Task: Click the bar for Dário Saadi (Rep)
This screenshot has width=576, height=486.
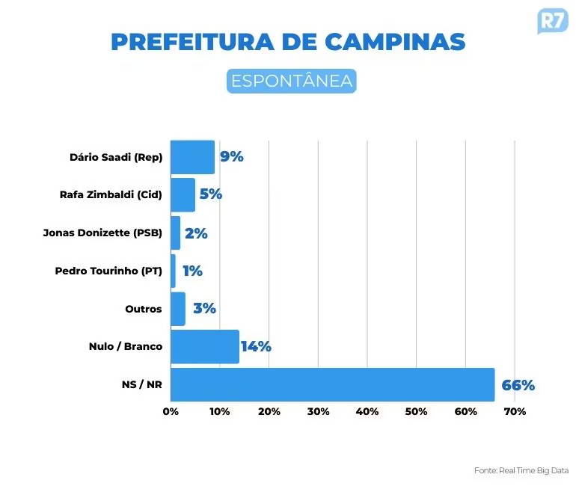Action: tap(192, 157)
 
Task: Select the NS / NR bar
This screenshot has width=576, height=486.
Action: tap(332, 385)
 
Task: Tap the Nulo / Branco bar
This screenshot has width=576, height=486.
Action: tap(204, 347)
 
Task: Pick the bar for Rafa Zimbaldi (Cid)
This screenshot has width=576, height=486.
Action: tap(183, 195)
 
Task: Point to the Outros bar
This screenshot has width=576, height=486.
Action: tap(178, 309)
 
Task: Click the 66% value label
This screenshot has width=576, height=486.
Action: tap(518, 386)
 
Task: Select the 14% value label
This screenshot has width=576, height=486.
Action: tap(256, 347)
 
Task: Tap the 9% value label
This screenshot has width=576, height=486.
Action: tap(231, 157)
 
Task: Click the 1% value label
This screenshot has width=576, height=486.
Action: tap(192, 271)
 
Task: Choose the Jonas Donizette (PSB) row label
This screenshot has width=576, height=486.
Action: tap(102, 233)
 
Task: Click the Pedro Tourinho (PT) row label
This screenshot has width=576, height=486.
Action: tap(108, 271)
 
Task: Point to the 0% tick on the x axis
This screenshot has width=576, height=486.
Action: tap(171, 412)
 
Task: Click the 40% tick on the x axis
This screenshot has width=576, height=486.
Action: tap(367, 412)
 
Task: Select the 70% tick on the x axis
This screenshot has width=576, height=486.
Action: tap(515, 412)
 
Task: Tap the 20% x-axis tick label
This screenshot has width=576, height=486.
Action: tap(269, 412)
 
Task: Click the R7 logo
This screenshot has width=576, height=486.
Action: tap(553, 20)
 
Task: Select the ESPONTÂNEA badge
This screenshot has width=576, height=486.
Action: tap(292, 81)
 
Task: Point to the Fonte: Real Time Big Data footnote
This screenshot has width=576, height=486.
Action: tap(521, 470)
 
